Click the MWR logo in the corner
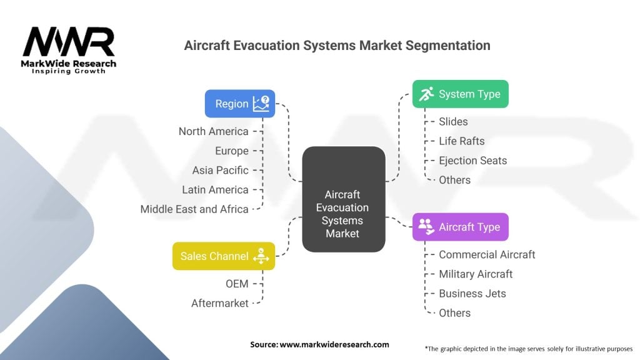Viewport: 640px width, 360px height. point(69,50)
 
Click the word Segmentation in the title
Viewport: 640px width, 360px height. point(447,45)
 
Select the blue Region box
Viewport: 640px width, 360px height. point(240,104)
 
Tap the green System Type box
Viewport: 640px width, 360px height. point(461,94)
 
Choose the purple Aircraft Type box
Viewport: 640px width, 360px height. point(461,227)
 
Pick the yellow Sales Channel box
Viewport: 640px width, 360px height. point(224,256)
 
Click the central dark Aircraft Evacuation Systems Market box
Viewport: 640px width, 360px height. point(344,199)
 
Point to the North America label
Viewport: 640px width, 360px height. point(214,131)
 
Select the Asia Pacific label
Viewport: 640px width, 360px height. point(221,170)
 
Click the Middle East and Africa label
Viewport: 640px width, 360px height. point(194,209)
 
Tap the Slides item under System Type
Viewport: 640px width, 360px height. point(453,122)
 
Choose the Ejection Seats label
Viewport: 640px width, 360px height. point(472,161)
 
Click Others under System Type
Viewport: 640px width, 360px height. point(455,180)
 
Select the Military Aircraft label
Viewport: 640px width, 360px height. point(476,274)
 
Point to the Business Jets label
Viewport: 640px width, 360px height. point(472,294)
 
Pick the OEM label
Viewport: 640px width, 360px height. point(237,284)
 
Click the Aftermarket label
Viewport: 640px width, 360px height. point(219,303)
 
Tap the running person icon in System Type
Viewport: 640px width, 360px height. point(426,94)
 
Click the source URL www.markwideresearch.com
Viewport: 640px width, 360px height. point(334,344)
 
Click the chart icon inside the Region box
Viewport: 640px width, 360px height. point(261,104)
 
